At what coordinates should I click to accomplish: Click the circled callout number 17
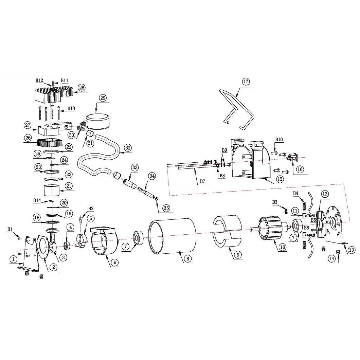click(246, 82)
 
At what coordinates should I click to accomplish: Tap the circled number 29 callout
click(103, 98)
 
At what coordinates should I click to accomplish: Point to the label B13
click(71, 108)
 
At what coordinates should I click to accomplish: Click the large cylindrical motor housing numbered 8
click(172, 236)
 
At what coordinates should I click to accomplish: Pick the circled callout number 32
click(128, 148)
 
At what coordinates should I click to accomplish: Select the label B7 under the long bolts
click(202, 181)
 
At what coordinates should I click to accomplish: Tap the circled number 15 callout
click(280, 179)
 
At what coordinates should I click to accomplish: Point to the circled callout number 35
click(166, 208)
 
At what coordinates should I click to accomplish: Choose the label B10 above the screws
click(279, 139)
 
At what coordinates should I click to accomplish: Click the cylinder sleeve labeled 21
click(52, 190)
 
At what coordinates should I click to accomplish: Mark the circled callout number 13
click(352, 250)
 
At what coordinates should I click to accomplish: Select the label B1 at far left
click(10, 229)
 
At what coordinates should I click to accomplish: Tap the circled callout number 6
click(114, 262)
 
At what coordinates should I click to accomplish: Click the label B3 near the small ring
click(275, 202)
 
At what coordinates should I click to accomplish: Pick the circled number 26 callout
click(28, 138)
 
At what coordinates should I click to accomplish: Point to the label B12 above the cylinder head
click(39, 80)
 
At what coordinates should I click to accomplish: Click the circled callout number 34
click(152, 176)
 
